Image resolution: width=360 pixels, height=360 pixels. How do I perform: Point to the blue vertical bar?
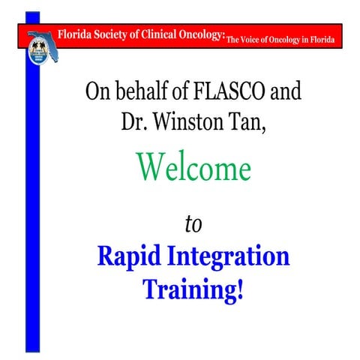[32, 210]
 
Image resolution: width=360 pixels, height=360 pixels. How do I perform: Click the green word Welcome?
[193, 168]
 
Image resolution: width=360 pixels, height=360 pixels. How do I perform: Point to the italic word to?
[193, 223]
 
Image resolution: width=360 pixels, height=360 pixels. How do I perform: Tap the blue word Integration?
[225, 256]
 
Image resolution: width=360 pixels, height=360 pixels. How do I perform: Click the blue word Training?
[187, 289]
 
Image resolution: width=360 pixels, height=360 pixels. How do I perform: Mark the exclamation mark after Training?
[239, 289]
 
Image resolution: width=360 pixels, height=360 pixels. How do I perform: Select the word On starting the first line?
[101, 92]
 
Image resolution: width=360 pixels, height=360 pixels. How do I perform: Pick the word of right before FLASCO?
[187, 92]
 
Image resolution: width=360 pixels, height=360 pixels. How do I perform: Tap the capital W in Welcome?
[151, 168]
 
